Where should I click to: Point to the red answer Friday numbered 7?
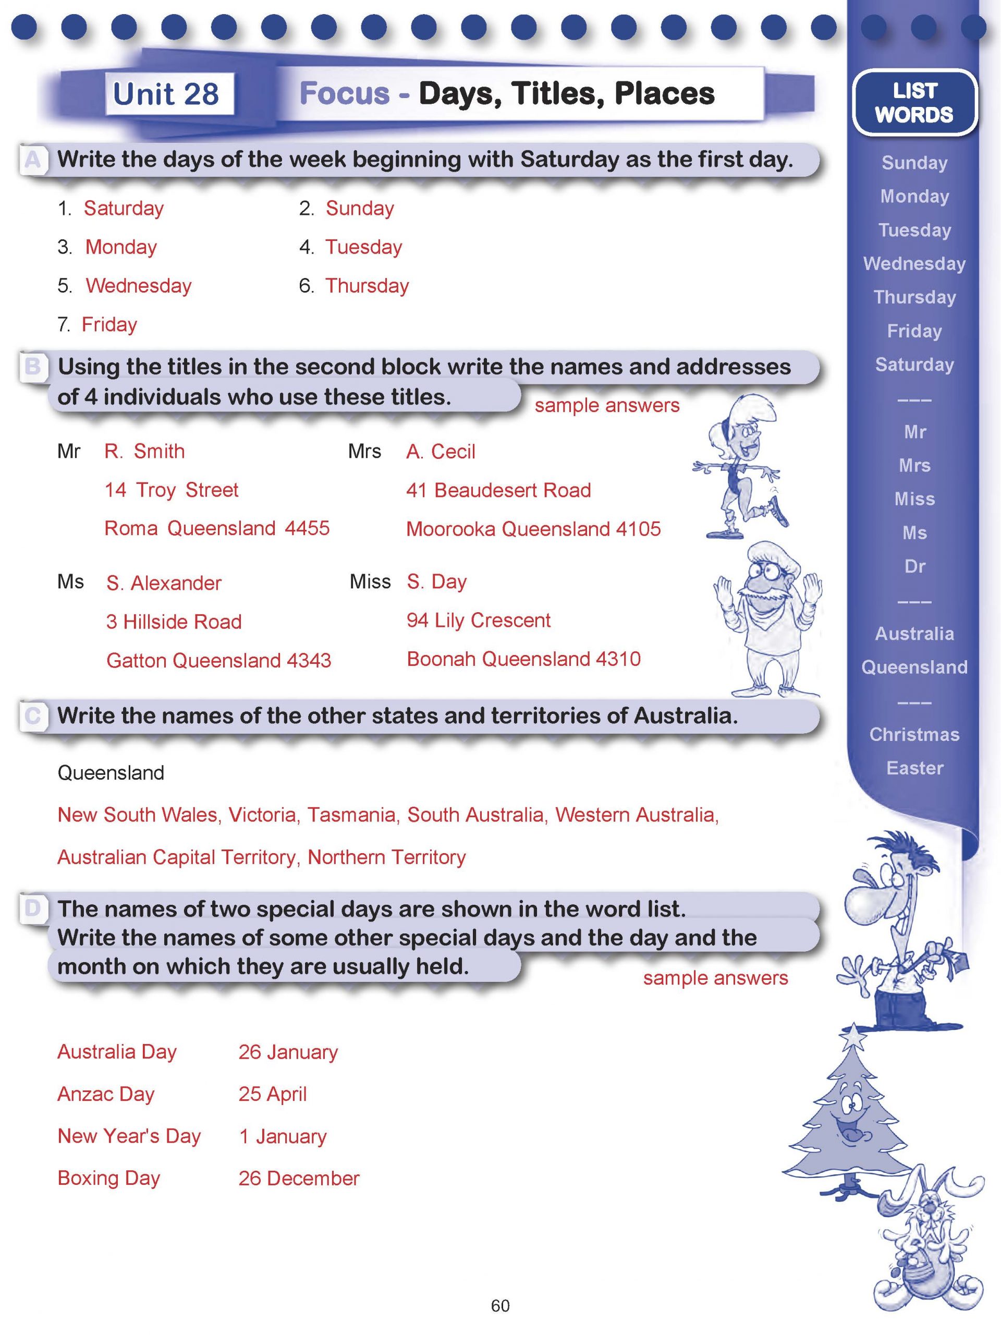109,325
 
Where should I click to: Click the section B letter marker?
32,366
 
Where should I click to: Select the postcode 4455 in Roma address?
307,528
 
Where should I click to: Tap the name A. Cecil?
441,452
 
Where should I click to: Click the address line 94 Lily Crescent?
478,621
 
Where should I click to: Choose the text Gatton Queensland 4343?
218,660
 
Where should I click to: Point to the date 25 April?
272,1094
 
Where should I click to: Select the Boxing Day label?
108,1178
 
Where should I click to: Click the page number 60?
500,1305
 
